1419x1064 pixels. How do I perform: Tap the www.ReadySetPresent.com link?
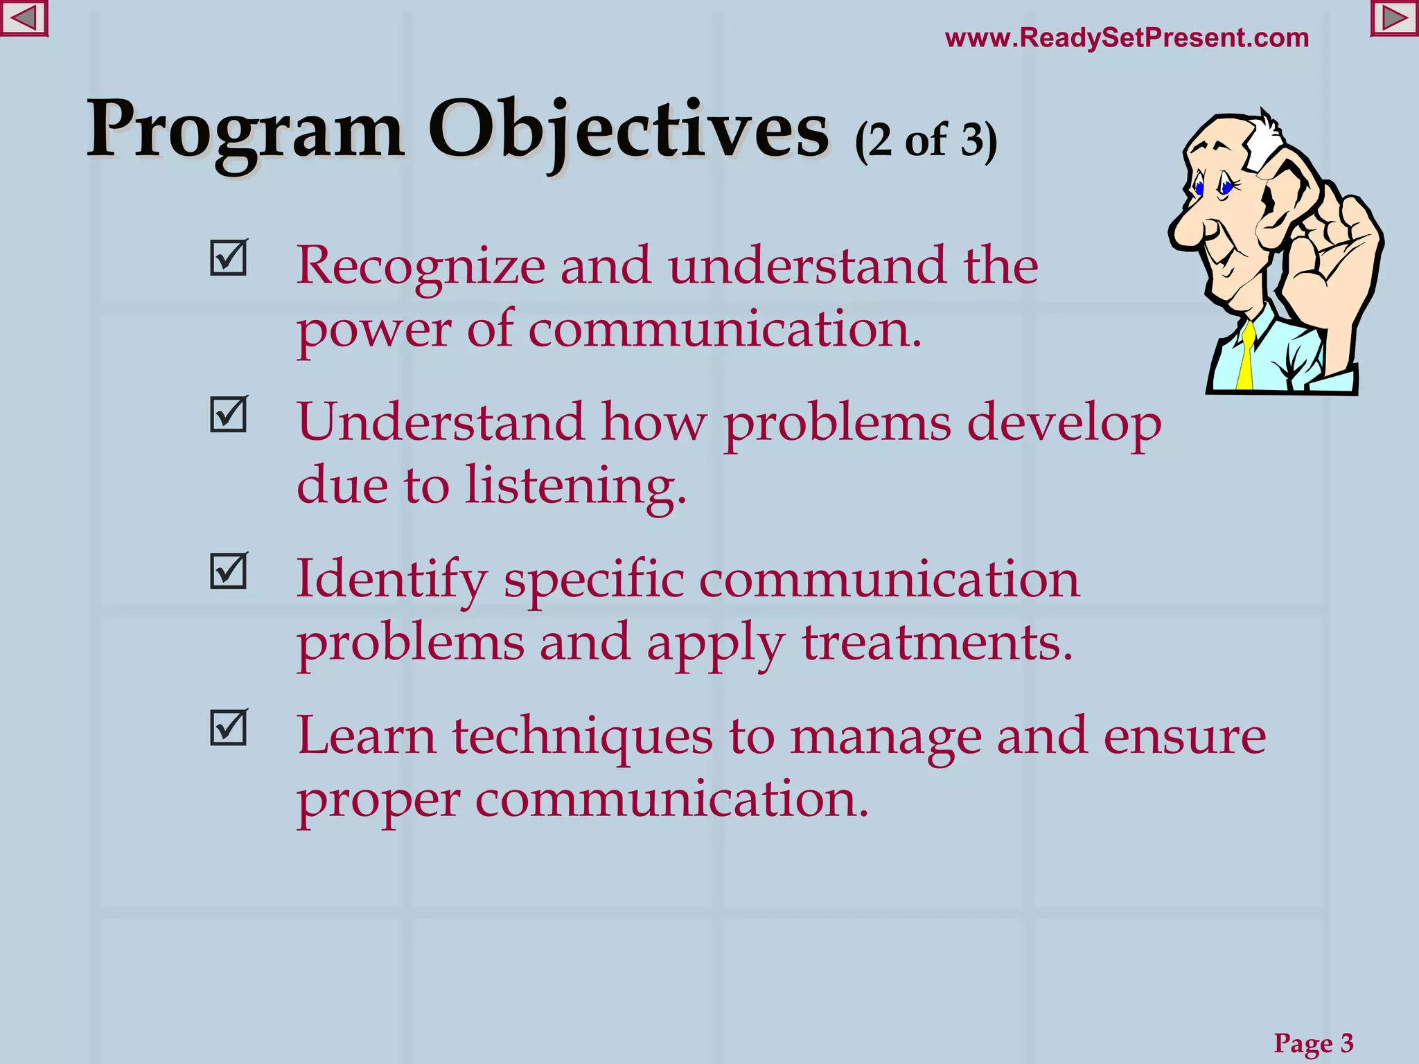(x=1127, y=37)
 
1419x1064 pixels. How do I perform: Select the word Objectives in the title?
(x=628, y=130)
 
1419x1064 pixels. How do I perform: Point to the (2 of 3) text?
(x=926, y=141)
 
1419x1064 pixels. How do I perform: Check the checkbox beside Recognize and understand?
(x=228, y=258)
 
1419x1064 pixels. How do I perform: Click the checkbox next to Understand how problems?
(x=228, y=415)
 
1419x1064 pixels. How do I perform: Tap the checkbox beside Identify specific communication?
(x=228, y=571)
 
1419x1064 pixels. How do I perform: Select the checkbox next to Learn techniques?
(x=228, y=728)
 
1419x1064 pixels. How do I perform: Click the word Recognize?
(x=421, y=267)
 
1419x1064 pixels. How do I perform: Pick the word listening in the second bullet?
(x=574, y=485)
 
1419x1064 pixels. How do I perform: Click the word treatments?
(x=937, y=642)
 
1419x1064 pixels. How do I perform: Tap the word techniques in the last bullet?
(x=582, y=736)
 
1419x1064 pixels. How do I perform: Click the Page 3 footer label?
(x=1313, y=1043)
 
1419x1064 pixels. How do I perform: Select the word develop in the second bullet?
(x=1064, y=424)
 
